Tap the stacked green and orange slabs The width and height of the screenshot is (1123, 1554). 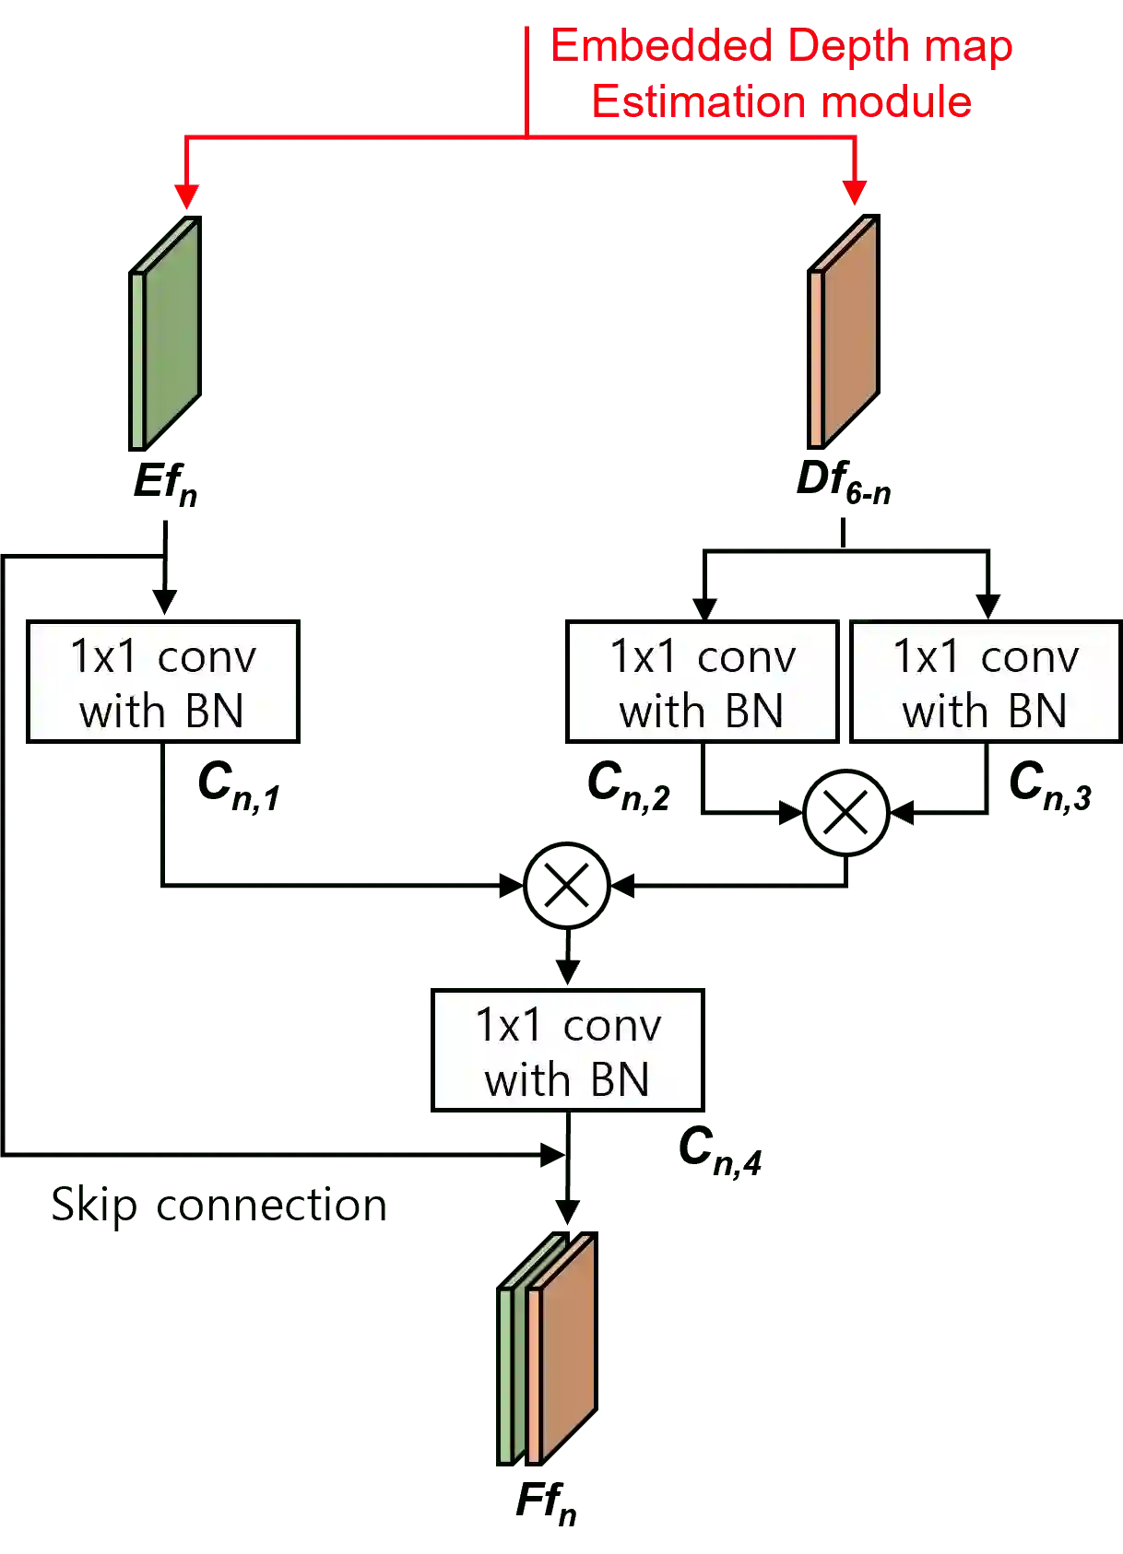click(550, 1349)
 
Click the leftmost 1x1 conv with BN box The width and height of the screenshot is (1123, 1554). click(162, 682)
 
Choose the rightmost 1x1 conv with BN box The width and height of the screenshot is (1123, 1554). click(985, 682)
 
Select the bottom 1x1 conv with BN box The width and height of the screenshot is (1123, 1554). click(568, 1051)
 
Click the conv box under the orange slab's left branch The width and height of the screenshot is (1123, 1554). click(702, 682)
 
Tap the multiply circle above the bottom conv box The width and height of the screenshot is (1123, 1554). click(567, 885)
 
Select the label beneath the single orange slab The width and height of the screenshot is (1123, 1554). click(843, 485)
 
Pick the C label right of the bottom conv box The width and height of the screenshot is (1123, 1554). click(721, 1152)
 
